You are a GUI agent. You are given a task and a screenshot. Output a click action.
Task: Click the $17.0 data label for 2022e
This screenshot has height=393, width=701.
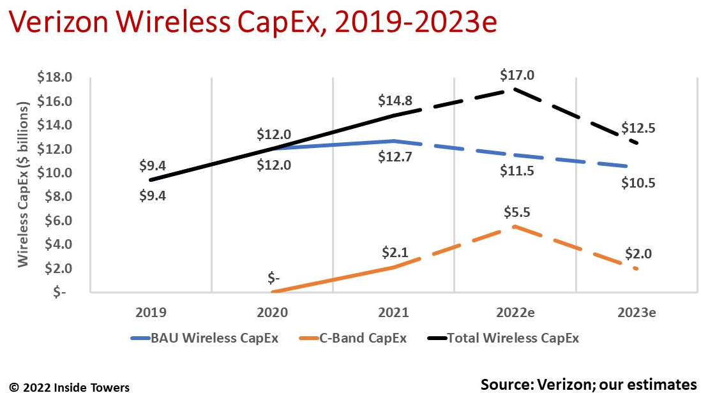(x=517, y=75)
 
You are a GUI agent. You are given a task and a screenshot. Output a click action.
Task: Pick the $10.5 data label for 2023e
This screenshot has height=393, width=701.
(x=639, y=184)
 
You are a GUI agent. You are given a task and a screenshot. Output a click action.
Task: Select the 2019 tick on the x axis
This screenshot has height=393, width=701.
(x=151, y=313)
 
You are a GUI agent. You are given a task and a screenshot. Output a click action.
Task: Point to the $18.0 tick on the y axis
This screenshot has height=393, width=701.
(x=56, y=78)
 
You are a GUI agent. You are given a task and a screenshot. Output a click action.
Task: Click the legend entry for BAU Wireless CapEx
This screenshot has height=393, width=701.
(x=204, y=338)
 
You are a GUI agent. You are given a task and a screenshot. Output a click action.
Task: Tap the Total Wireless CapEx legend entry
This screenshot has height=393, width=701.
(x=505, y=338)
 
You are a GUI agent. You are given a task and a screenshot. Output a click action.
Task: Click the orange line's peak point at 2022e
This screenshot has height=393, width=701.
(x=515, y=226)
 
